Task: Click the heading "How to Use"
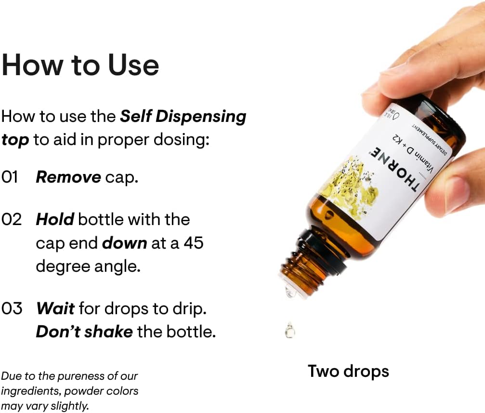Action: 80,65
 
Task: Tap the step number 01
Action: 10,177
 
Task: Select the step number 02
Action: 12,219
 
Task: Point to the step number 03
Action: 12,308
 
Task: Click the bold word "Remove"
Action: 68,177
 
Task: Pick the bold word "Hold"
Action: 54,219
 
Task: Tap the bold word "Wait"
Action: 55,308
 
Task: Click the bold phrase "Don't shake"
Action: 84,332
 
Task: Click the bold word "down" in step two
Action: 124,243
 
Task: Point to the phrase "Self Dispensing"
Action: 183,116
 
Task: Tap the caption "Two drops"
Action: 348,371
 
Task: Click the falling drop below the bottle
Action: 289,331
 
